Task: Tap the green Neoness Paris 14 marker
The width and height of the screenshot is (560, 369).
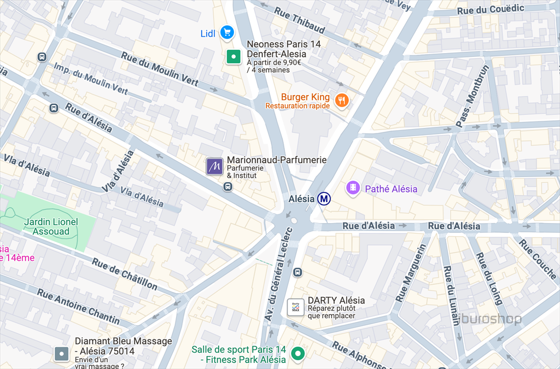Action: pos(234,56)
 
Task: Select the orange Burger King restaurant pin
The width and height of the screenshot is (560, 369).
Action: pos(342,99)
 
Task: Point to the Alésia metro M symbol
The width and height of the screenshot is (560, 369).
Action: pos(324,199)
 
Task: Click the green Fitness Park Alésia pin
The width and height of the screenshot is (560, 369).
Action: pos(297,354)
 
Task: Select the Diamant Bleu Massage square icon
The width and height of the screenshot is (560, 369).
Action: pos(62,354)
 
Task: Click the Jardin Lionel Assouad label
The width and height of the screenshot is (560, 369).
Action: pos(51,227)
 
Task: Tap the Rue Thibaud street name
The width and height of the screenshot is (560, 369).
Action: pos(299,20)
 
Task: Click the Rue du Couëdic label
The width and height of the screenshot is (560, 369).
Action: pos(491,9)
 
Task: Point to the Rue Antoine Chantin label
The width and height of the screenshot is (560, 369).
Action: pos(78,306)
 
